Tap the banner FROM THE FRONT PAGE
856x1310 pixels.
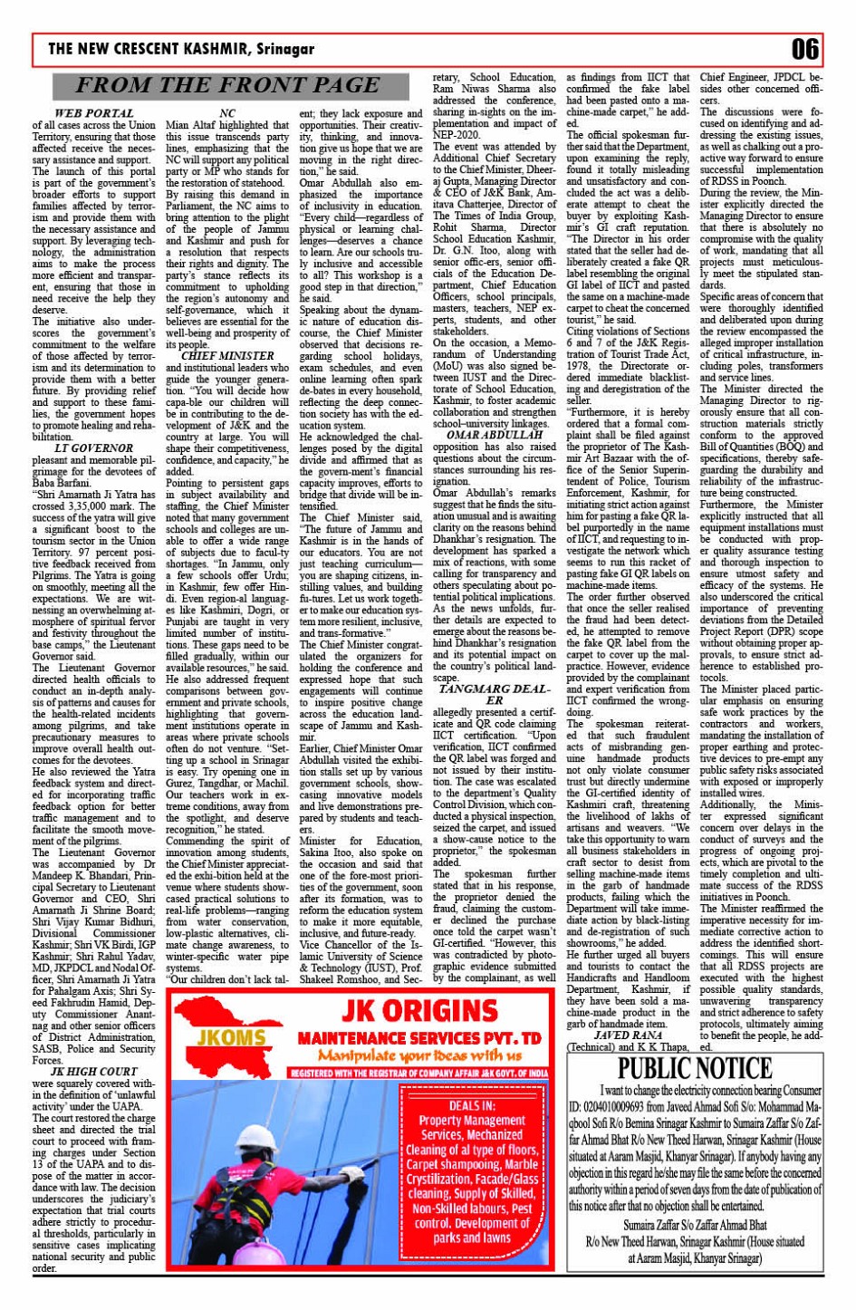tap(226, 86)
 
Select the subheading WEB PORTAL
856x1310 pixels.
tap(94, 113)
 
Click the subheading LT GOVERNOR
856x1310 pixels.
tap(93, 448)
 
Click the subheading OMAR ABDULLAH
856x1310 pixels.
tap(495, 435)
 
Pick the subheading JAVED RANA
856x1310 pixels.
tap(627, 1035)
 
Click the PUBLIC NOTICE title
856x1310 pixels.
tap(695, 1069)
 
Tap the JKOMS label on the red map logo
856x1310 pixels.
tap(230, 1036)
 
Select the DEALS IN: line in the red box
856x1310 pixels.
tap(472, 1105)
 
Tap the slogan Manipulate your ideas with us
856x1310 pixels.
tap(418, 1055)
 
